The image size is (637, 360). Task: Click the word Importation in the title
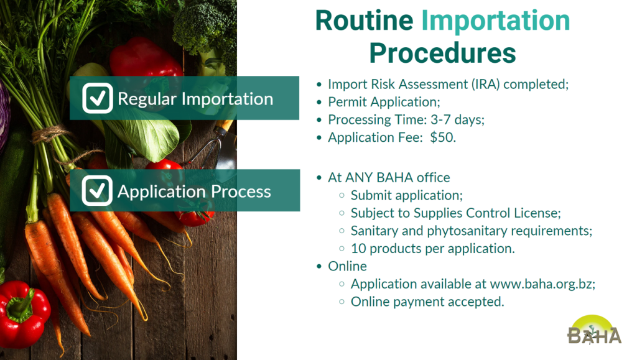pyautogui.click(x=496, y=21)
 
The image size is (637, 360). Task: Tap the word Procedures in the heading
pyautogui.click(x=442, y=53)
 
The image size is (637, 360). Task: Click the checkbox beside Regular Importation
pyautogui.click(x=98, y=98)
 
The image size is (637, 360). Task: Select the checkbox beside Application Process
pyautogui.click(x=97, y=191)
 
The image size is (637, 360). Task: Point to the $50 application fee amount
pyautogui.click(x=442, y=137)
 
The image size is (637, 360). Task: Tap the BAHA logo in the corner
pyautogui.click(x=594, y=330)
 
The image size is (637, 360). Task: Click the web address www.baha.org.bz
pyautogui.click(x=542, y=284)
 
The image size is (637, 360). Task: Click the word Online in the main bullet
pyautogui.click(x=347, y=266)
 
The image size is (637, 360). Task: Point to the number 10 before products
pyautogui.click(x=358, y=248)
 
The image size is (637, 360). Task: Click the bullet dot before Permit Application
pyautogui.click(x=319, y=102)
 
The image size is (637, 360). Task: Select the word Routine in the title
pyautogui.click(x=365, y=21)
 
